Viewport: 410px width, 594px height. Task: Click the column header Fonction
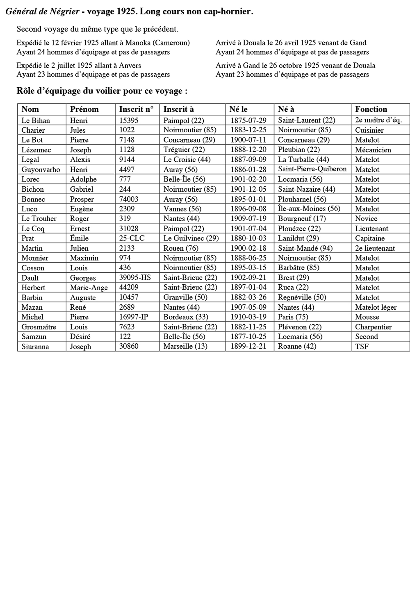click(371, 109)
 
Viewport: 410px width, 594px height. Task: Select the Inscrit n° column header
click(136, 109)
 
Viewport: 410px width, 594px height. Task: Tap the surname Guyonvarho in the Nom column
click(41, 170)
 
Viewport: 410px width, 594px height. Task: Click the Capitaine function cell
click(370, 238)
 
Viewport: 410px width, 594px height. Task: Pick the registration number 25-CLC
click(132, 238)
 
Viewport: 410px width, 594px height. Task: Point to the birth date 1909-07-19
click(248, 219)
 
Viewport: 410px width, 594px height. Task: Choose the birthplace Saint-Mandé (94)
click(305, 248)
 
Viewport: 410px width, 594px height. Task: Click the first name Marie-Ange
click(89, 288)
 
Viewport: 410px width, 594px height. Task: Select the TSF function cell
click(362, 347)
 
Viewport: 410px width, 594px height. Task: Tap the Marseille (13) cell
click(185, 347)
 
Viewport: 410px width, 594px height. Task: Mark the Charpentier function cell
click(373, 327)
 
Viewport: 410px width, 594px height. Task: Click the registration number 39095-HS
click(135, 278)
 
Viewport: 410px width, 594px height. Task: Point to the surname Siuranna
click(35, 347)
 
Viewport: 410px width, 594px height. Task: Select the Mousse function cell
click(367, 317)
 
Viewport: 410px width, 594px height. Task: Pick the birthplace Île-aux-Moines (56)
click(309, 209)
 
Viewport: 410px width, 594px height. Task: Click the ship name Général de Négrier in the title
click(42, 12)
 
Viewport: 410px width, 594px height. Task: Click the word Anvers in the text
click(130, 66)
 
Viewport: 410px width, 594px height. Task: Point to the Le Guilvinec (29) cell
click(191, 238)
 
